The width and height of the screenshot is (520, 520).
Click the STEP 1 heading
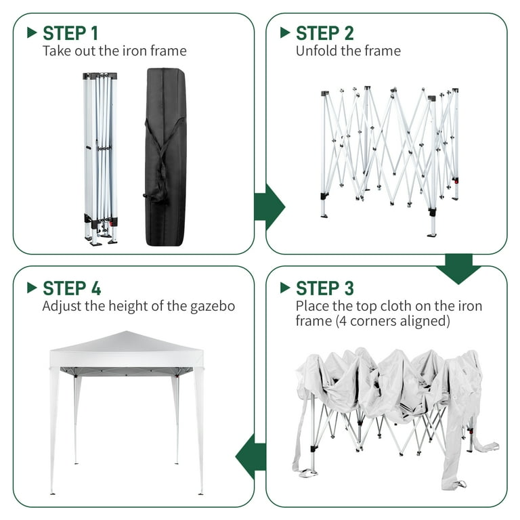click(70, 33)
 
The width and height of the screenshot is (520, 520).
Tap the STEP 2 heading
click(325, 33)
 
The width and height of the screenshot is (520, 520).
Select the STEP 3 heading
click(325, 288)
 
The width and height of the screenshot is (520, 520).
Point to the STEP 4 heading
click(72, 288)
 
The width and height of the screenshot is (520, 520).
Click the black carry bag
click(165, 157)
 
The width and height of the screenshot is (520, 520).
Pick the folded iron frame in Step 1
click(100, 159)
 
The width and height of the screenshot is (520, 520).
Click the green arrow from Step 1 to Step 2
click(269, 207)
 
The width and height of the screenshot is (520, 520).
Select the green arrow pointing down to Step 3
click(458, 269)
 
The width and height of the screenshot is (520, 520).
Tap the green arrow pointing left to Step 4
click(251, 456)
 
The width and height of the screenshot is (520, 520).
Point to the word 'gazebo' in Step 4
click(213, 307)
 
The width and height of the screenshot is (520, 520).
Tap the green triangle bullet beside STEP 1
click(32, 32)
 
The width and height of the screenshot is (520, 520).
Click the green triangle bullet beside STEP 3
click(285, 288)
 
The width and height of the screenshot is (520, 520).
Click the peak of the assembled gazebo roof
click(127, 331)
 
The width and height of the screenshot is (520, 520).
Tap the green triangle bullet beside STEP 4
click(32, 288)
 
